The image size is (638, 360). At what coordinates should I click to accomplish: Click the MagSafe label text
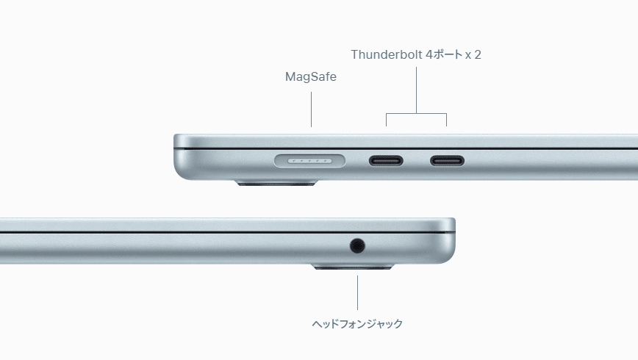pyautogui.click(x=311, y=77)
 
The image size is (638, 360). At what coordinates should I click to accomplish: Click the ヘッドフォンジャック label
pyautogui.click(x=357, y=324)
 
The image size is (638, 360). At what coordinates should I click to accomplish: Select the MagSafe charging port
pyautogui.click(x=309, y=161)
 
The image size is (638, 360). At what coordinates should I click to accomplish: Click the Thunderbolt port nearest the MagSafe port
pyautogui.click(x=386, y=161)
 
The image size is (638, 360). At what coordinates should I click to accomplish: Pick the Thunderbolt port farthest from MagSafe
pyautogui.click(x=447, y=161)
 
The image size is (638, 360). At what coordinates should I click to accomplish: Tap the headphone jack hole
pyautogui.click(x=357, y=245)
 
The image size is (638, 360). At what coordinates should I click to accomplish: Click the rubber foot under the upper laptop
pyautogui.click(x=276, y=183)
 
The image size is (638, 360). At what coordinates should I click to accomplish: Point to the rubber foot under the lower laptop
pyautogui.click(x=353, y=267)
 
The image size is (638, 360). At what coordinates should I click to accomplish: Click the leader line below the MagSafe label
pyautogui.click(x=311, y=109)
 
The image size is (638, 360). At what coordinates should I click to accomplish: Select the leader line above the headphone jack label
pyautogui.click(x=358, y=293)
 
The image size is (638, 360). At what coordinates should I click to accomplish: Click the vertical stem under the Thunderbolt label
pyautogui.click(x=416, y=90)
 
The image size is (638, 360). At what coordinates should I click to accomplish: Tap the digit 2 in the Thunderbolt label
pyautogui.click(x=478, y=54)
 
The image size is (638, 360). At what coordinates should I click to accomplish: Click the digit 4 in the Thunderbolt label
pyautogui.click(x=429, y=54)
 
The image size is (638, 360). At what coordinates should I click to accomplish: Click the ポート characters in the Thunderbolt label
pyautogui.click(x=448, y=54)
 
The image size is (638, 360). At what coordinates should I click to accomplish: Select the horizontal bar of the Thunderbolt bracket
pyautogui.click(x=416, y=113)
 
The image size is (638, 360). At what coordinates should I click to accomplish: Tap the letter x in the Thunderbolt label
pyautogui.click(x=468, y=56)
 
